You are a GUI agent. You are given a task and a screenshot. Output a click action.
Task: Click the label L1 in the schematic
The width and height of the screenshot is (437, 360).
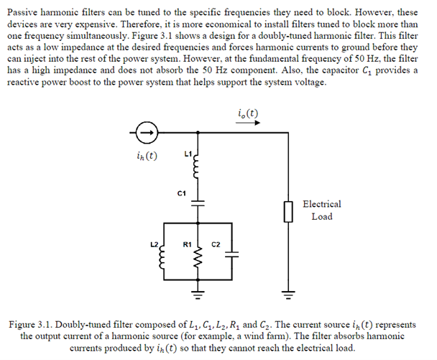click(188, 154)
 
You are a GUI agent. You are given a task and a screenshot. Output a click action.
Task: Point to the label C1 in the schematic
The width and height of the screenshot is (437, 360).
click(181, 193)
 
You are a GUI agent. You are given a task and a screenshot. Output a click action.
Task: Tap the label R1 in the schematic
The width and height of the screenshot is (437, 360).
click(188, 244)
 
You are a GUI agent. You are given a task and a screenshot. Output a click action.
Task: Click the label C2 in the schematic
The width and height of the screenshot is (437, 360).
click(215, 244)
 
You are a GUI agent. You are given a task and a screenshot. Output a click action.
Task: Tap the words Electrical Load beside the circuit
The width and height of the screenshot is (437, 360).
click(322, 210)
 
